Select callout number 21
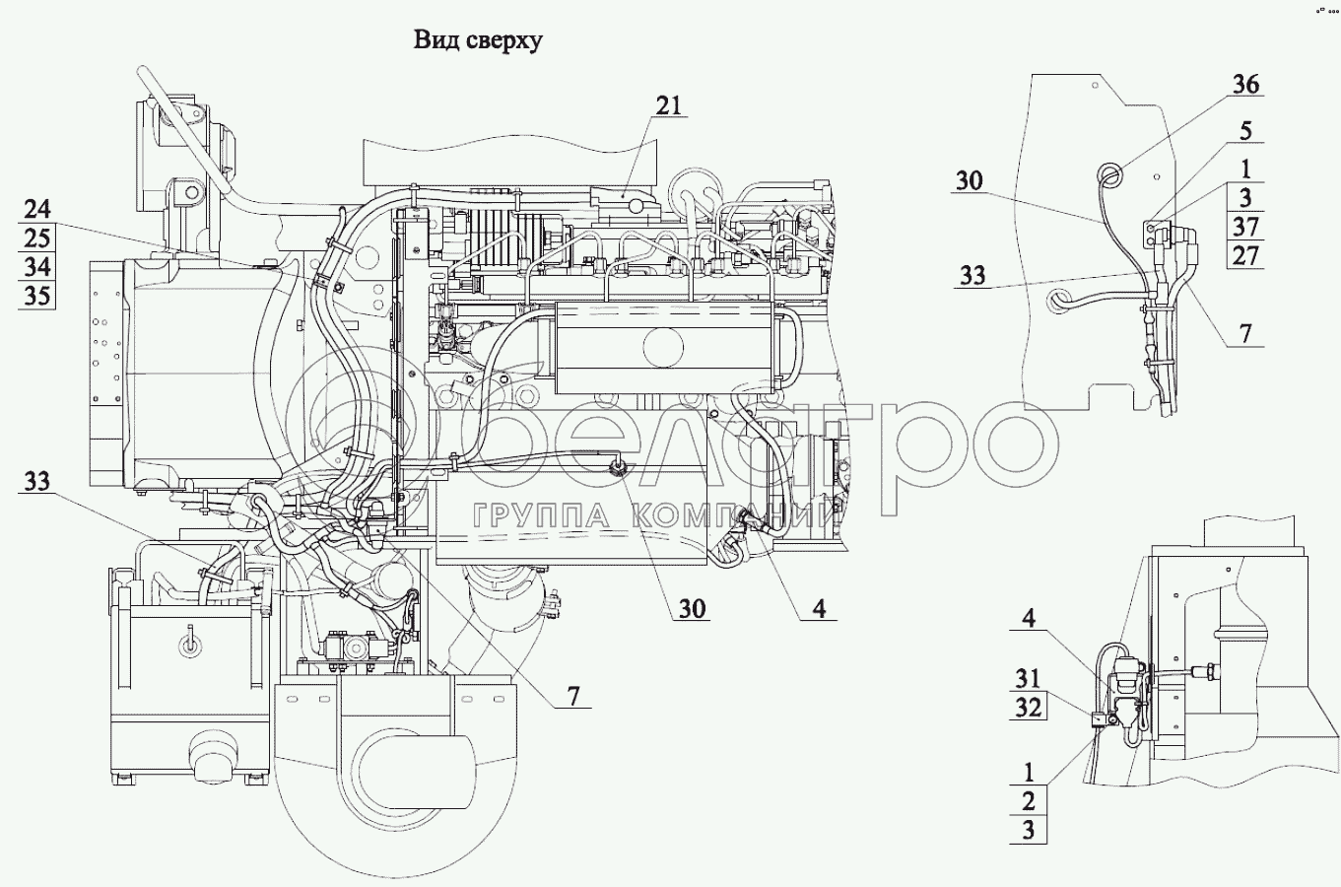(x=669, y=105)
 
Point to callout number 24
(x=37, y=209)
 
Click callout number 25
(x=37, y=239)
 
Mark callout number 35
(x=37, y=296)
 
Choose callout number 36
(x=1245, y=85)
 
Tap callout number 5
(x=1245, y=130)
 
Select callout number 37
(x=1245, y=227)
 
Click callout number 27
(x=1245, y=255)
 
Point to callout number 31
(x=1028, y=679)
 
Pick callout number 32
(x=1028, y=708)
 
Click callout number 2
(x=1029, y=800)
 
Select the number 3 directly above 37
(x=1245, y=198)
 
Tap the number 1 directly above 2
(x=1029, y=772)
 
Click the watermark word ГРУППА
(x=541, y=515)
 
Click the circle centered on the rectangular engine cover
(x=663, y=347)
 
